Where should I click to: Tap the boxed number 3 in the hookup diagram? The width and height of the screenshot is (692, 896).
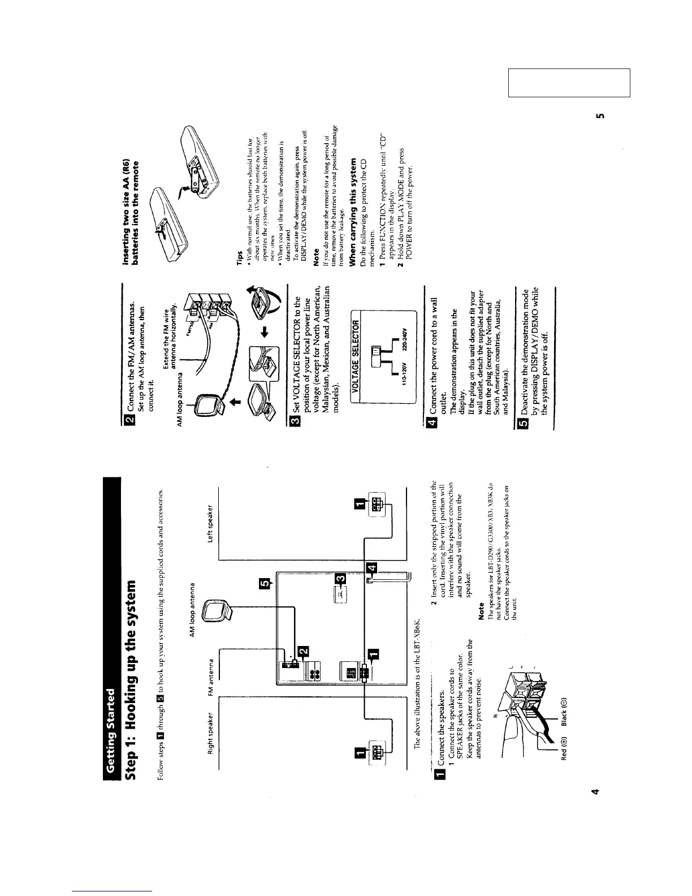[x=340, y=578]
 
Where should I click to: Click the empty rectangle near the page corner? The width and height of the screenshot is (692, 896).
[x=569, y=83]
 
